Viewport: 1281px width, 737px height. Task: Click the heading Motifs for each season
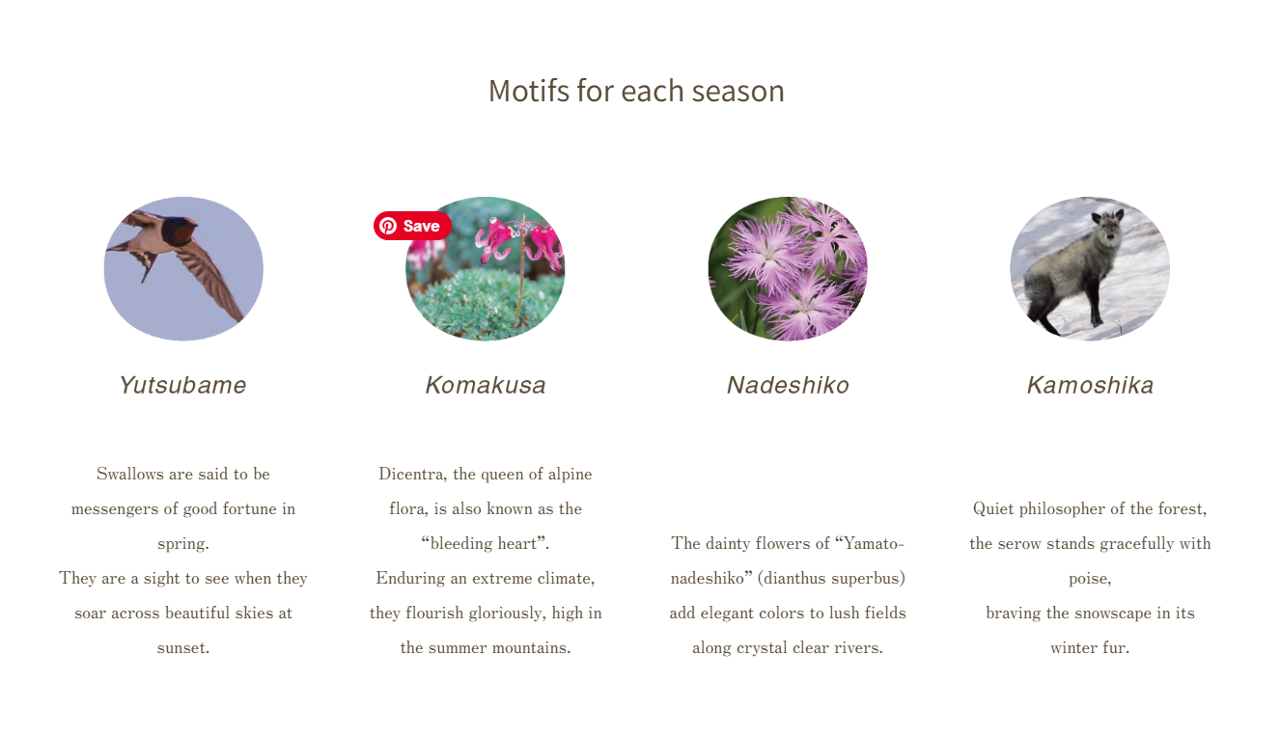pos(636,92)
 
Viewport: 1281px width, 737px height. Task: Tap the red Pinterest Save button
pos(412,226)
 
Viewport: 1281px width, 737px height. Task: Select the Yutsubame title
pos(183,385)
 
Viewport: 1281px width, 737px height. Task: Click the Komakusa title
pos(486,385)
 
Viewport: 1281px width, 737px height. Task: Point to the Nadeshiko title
pos(788,385)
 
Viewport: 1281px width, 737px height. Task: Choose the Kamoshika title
pos(1090,385)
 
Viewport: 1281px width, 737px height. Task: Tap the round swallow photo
pos(183,268)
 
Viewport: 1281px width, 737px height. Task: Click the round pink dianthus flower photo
pos(788,268)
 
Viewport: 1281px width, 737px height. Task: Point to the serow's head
pos(1108,227)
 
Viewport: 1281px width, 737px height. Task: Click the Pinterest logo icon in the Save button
pos(388,226)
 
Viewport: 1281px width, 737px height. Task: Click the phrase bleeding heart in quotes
pos(484,543)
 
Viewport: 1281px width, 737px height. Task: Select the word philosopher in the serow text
pos(1054,509)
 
